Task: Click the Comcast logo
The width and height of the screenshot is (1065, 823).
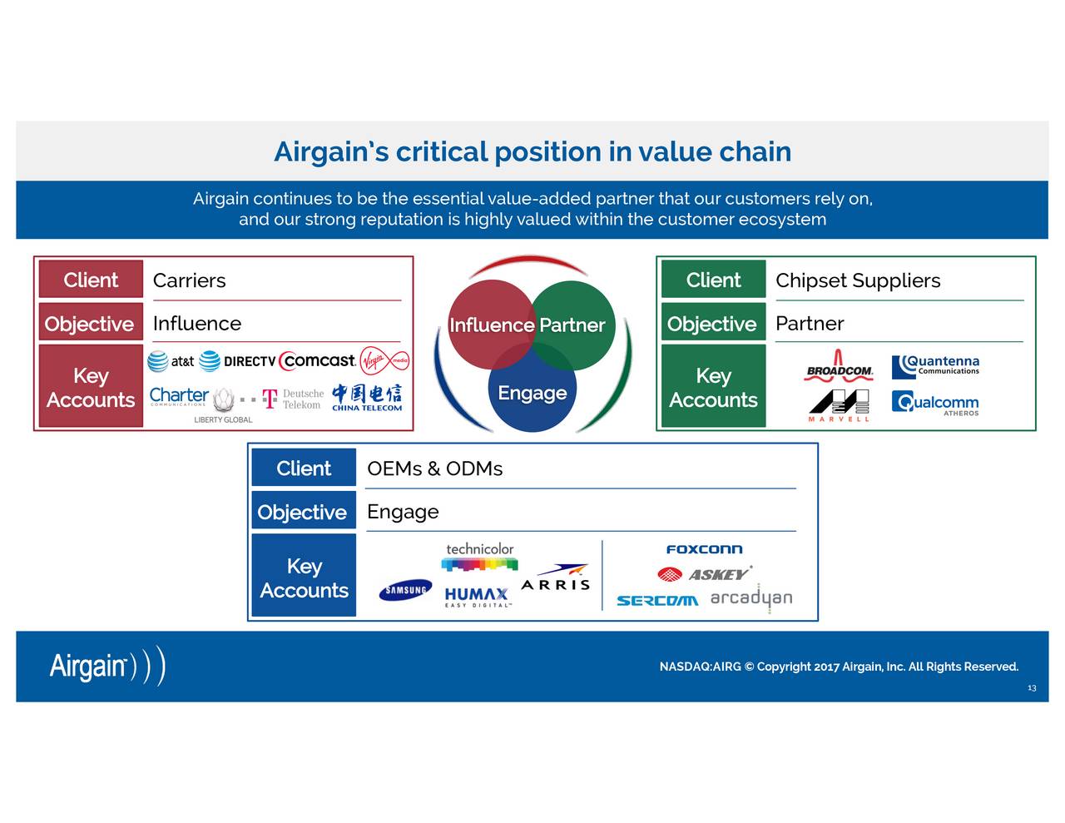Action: tap(317, 361)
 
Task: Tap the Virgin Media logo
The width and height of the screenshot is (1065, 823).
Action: tap(384, 361)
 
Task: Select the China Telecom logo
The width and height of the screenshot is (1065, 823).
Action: tap(367, 398)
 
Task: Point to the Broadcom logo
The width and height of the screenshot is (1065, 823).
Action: tap(840, 365)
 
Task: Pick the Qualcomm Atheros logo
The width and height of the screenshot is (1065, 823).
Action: tap(935, 403)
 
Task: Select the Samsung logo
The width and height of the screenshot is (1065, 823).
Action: tap(406, 590)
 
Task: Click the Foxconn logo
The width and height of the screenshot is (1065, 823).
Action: tap(704, 549)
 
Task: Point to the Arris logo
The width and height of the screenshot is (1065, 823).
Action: tap(556, 578)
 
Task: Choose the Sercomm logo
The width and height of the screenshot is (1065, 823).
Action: tap(657, 601)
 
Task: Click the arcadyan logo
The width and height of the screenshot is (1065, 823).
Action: tap(751, 598)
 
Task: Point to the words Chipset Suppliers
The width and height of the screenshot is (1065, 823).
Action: tap(858, 280)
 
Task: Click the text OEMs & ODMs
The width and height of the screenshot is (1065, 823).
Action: tap(434, 469)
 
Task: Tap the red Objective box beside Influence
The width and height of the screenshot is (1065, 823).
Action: tap(91, 324)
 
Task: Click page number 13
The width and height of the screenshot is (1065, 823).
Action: tap(1032, 688)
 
